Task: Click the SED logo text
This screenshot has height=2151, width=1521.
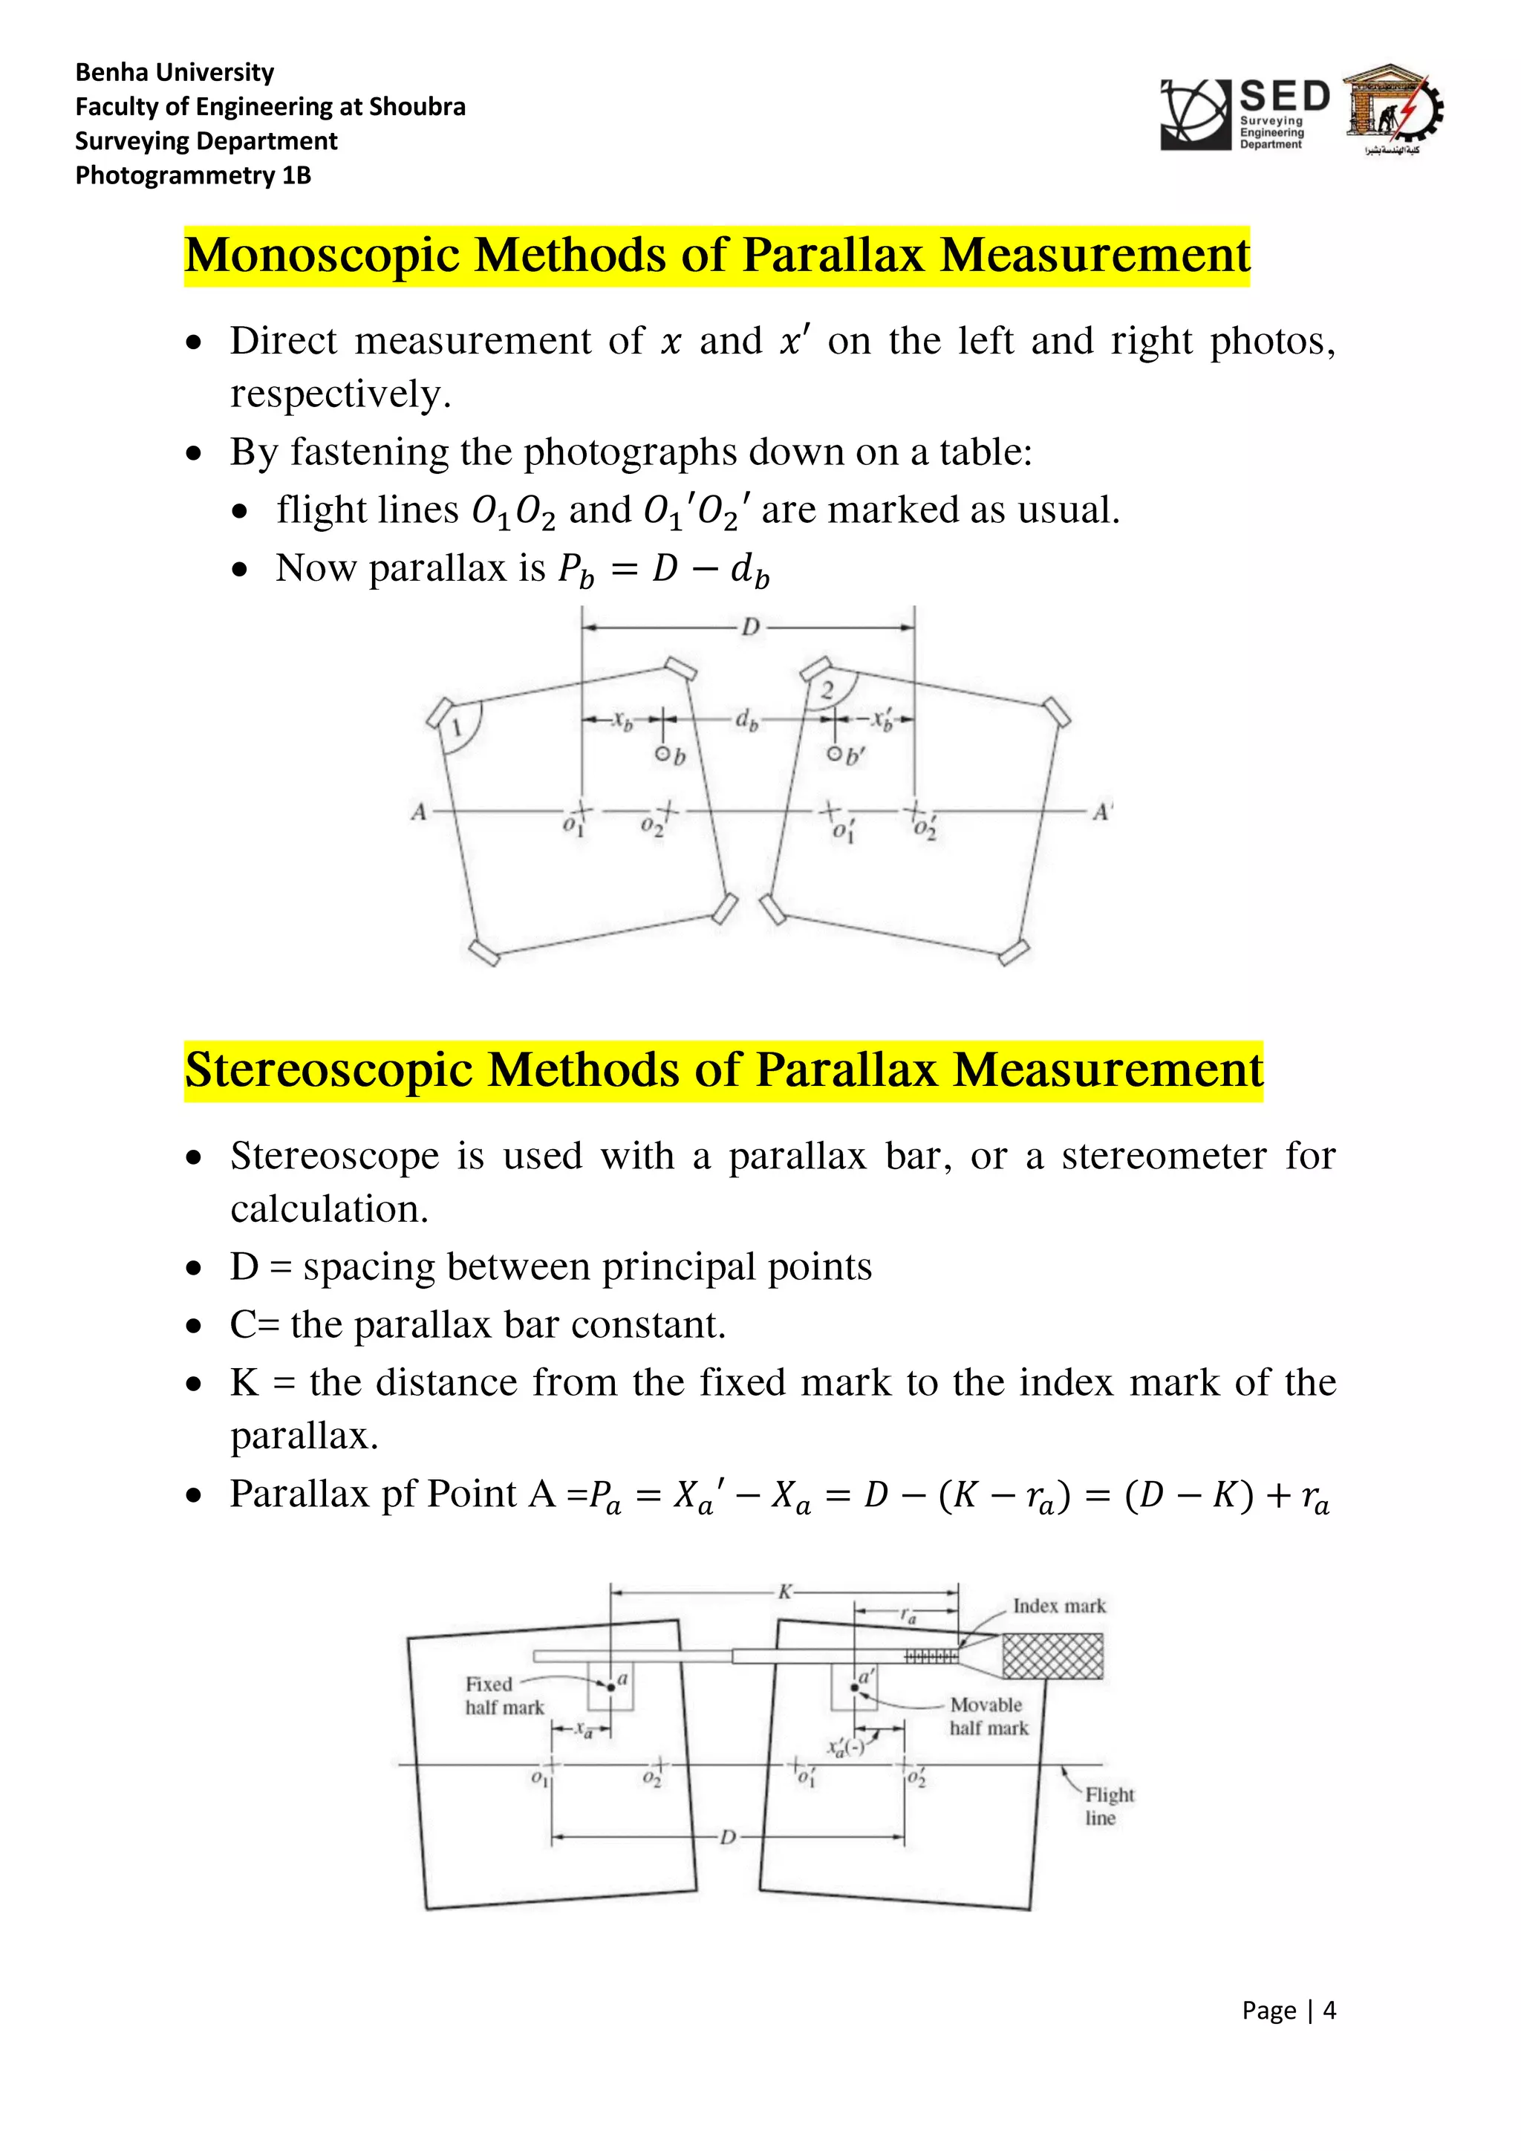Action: click(1284, 97)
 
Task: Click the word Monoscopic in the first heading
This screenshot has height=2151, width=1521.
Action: click(322, 256)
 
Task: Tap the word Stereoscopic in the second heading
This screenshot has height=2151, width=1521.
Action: click(328, 1071)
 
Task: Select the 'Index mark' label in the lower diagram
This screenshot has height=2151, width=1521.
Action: click(1058, 1606)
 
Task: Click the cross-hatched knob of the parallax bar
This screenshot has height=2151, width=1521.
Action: click(1052, 1656)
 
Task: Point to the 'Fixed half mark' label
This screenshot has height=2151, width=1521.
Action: click(504, 1696)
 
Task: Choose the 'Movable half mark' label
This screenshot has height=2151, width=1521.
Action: click(988, 1716)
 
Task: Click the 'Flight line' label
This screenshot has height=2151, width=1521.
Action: click(1109, 1806)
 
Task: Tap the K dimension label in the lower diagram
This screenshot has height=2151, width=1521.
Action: click(785, 1592)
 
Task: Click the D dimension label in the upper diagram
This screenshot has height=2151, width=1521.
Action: click(750, 627)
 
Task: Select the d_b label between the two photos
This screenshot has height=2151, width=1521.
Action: click(746, 720)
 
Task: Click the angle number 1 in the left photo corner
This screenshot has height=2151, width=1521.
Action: click(456, 729)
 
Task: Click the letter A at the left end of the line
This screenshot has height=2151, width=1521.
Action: click(419, 811)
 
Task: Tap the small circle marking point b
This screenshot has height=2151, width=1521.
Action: click(661, 754)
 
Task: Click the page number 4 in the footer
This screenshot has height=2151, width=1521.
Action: click(1329, 2011)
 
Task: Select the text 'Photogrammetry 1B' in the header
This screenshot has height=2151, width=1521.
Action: click(193, 175)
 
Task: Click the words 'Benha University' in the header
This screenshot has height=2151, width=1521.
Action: click(175, 72)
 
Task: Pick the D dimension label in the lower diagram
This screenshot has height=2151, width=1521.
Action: click(728, 1837)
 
